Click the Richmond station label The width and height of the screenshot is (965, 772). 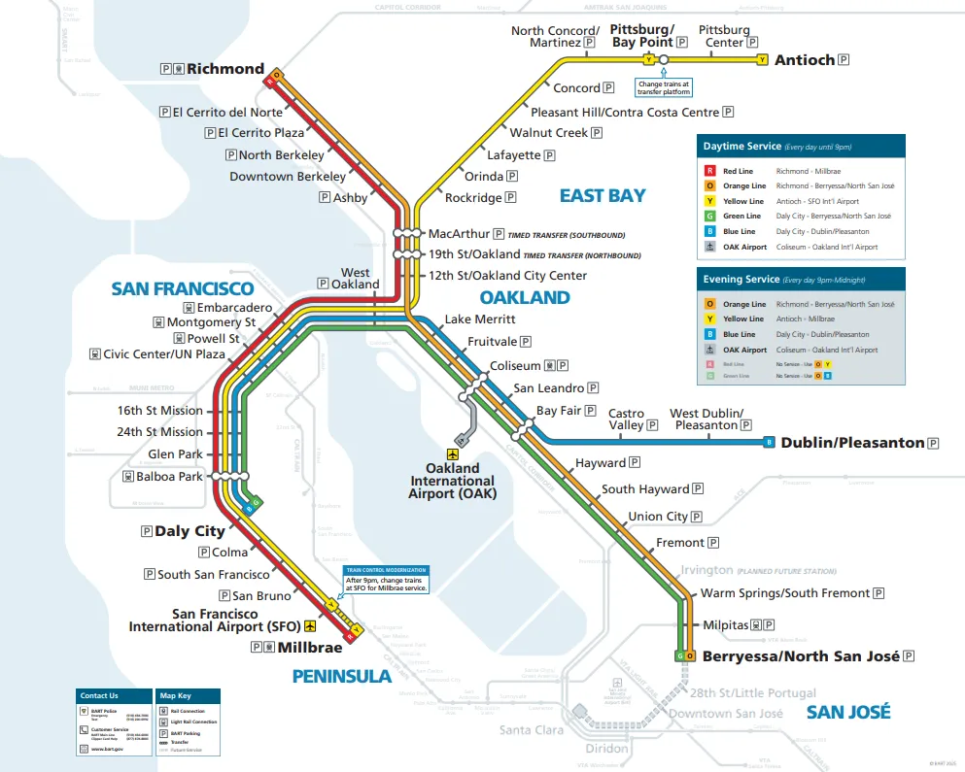coord(224,69)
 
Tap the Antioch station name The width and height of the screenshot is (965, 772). coord(804,60)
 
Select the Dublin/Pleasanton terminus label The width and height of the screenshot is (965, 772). coord(852,443)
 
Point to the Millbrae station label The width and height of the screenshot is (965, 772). coord(310,648)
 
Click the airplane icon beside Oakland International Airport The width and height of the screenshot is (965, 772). coord(452,453)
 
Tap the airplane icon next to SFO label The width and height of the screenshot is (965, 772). coord(310,626)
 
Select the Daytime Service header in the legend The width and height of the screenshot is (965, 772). coord(741,147)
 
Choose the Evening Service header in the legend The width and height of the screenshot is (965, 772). coord(741,280)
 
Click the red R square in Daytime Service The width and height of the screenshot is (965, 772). coord(710,171)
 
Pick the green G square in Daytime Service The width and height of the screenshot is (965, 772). coord(710,217)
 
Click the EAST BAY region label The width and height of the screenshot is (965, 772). coord(603,196)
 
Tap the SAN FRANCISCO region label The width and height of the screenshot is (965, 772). coord(182,288)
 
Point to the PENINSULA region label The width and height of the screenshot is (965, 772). coord(341,676)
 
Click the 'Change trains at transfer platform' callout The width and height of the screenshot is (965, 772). coord(664,88)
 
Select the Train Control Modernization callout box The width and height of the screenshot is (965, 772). coord(386,581)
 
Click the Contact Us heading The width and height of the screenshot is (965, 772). coord(99,695)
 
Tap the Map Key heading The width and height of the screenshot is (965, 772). coord(176,695)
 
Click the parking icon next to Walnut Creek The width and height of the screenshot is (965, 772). coord(598,133)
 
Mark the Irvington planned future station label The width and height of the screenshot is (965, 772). coord(708,570)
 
